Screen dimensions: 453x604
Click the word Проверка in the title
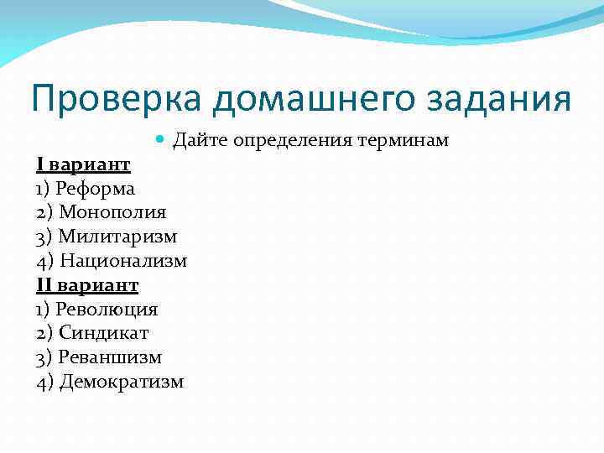[117, 99]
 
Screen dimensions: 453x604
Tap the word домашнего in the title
[325, 99]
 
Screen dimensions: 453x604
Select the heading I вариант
[83, 164]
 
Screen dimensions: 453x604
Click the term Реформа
[96, 189]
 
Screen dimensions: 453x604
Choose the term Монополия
[112, 213]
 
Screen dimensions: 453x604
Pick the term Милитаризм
[117, 237]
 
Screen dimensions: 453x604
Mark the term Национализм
[123, 262]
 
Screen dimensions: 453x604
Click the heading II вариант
[87, 286]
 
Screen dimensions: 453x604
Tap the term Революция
[107, 310]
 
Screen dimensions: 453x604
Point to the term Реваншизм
[111, 358]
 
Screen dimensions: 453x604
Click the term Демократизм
[122, 383]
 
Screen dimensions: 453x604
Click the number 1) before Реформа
[44, 189]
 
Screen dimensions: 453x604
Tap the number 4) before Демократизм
[45, 383]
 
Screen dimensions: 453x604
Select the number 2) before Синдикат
[45, 334]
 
